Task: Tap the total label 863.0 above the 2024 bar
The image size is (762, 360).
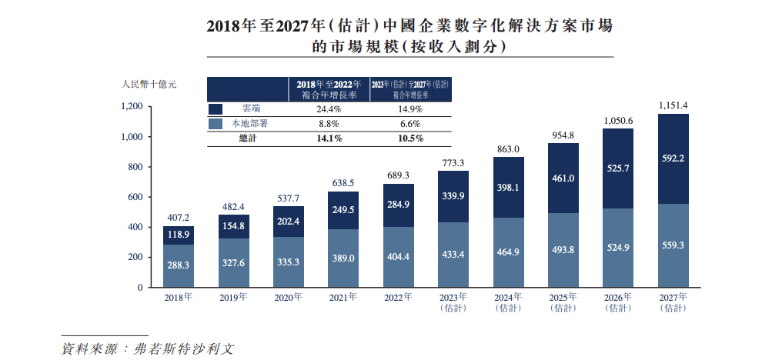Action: click(x=509, y=148)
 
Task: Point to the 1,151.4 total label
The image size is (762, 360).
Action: click(x=673, y=105)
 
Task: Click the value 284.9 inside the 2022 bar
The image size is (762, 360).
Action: click(x=398, y=205)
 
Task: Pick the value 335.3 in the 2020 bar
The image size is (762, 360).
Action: click(x=289, y=261)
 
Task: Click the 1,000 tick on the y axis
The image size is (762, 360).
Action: click(x=132, y=137)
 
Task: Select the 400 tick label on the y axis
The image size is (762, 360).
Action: click(x=135, y=228)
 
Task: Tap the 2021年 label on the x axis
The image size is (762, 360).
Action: click(x=343, y=297)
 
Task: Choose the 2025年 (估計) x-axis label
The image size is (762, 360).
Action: click(x=563, y=302)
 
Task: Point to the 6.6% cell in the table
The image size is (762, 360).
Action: click(x=410, y=124)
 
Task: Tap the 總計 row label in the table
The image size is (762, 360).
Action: click(x=249, y=138)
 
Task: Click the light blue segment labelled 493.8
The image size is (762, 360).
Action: click(x=563, y=250)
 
